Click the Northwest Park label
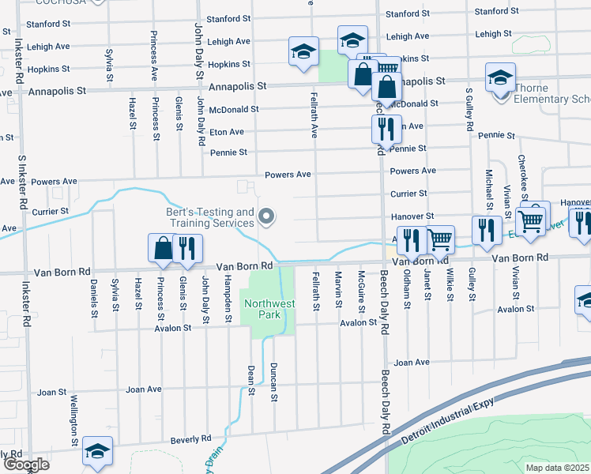(269, 309)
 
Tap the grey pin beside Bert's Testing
(267, 216)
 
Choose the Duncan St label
(273, 382)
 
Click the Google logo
(25, 464)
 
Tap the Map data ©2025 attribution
(557, 468)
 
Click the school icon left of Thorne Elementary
(499, 77)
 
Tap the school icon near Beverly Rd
(98, 451)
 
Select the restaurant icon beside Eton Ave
(382, 128)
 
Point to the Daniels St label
(93, 293)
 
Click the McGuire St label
(360, 290)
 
